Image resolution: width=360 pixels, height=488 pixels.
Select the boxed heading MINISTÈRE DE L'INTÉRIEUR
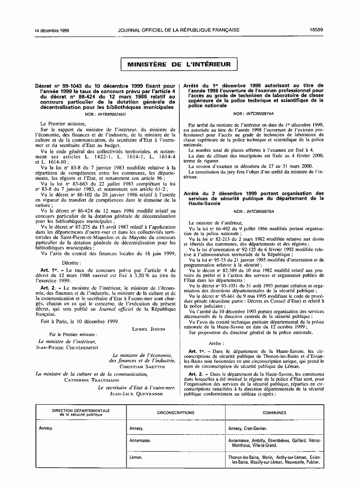pos(179,65)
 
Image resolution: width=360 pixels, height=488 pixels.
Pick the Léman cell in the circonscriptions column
pos(136,457)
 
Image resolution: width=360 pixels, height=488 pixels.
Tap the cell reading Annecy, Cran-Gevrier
pos(248,429)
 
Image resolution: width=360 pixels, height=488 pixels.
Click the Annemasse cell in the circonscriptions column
pos(140,440)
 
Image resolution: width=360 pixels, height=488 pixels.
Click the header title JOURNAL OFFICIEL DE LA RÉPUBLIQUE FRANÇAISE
pos(179,30)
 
